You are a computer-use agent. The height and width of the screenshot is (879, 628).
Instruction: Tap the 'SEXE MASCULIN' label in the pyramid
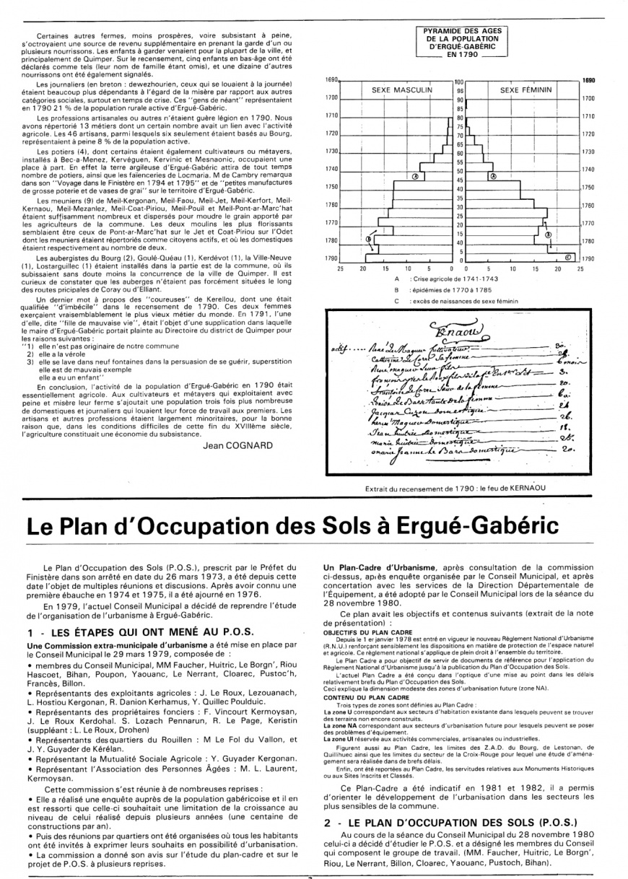pyautogui.click(x=401, y=90)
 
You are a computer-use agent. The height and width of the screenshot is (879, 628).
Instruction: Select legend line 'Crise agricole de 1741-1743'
pyautogui.click(x=448, y=278)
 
